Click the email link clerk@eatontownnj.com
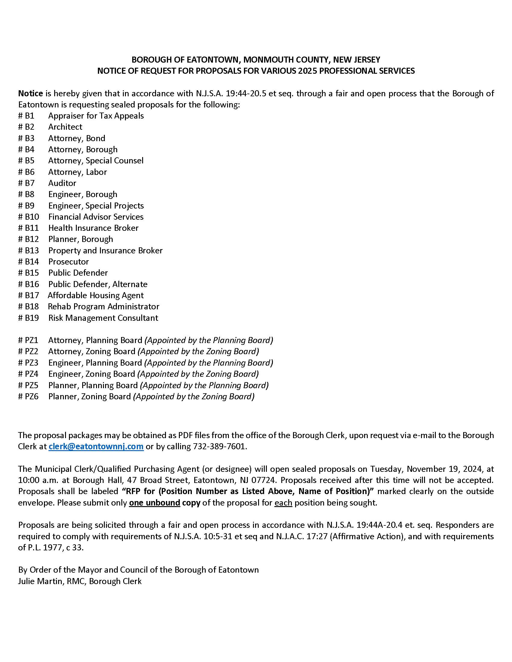96,447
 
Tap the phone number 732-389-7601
219,447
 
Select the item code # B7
27,183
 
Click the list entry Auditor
62,183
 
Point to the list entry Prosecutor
69,261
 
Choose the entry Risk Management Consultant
103,318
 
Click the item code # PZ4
28,374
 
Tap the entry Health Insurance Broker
93,228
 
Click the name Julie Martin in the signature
40,581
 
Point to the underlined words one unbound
155,503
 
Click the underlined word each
283,503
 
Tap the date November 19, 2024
444,469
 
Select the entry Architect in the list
65,127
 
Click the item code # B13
29,251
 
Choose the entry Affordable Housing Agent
95,295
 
